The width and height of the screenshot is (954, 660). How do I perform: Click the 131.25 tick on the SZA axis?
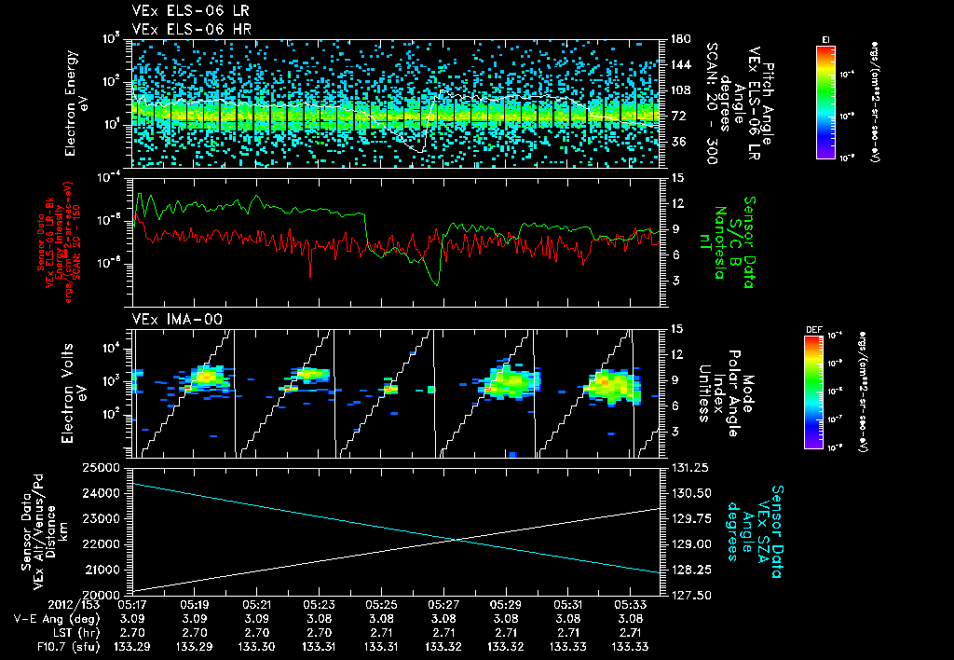[x=688, y=467]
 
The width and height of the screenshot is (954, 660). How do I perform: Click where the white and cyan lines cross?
[x=457, y=539]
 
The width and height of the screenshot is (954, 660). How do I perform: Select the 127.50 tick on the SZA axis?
[x=688, y=594]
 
